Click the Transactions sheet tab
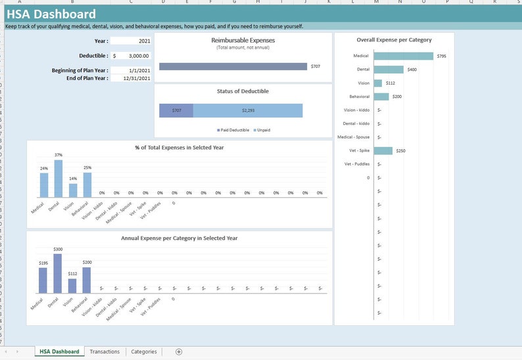point(105,351)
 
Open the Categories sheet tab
point(144,351)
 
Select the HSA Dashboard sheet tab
point(59,351)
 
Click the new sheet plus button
point(179,351)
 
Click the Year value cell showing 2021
point(131,41)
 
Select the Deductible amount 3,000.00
point(135,56)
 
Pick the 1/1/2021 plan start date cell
point(131,70)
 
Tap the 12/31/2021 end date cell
point(131,78)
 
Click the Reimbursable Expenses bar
point(233,66)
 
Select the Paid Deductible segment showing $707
point(176,110)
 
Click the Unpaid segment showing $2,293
point(248,110)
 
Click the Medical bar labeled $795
point(404,56)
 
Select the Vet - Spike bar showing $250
point(383,150)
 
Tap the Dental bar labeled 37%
point(59,179)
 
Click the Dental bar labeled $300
point(59,274)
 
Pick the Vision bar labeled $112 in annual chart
point(72,286)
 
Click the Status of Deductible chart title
point(243,91)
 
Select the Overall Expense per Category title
point(394,40)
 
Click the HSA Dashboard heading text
point(51,14)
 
